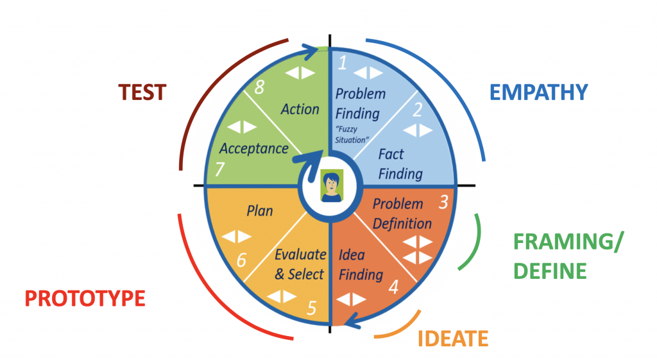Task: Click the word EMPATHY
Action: tap(538, 92)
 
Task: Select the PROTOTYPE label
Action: tap(85, 298)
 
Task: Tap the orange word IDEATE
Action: tap(453, 338)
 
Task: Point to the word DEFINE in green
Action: tap(549, 270)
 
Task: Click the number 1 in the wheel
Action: tap(343, 62)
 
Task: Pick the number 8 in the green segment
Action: tap(259, 88)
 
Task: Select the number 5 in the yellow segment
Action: tap(312, 308)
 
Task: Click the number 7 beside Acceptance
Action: tap(219, 170)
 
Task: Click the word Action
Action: tap(300, 109)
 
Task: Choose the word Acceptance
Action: tap(253, 148)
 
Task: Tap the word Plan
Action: tap(260, 210)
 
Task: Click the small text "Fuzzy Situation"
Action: tap(352, 135)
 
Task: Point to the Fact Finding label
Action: tap(400, 164)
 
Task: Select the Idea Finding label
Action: tap(361, 265)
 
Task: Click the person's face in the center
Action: tap(332, 185)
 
